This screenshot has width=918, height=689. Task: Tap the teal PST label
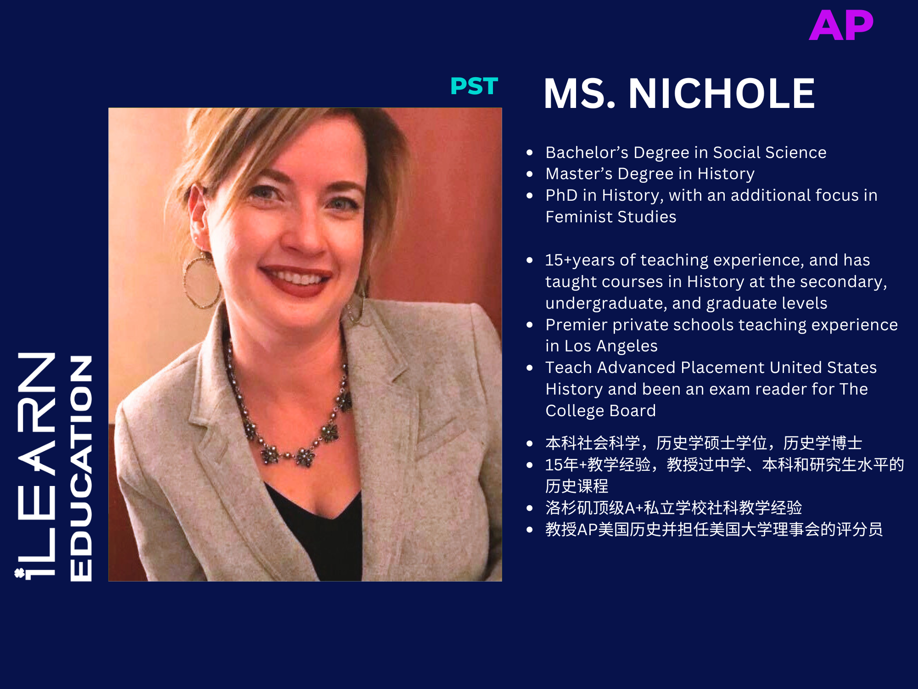click(474, 86)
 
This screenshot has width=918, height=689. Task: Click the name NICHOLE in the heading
click(721, 94)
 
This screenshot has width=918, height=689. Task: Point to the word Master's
click(579, 174)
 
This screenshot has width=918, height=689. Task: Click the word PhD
click(561, 196)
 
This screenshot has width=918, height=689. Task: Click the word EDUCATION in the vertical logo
click(81, 469)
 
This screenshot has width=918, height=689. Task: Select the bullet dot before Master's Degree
click(530, 174)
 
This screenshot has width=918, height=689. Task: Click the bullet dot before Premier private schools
click(530, 325)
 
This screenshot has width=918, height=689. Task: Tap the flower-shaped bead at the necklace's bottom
click(304, 457)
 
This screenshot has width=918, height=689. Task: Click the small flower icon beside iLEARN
click(19, 573)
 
